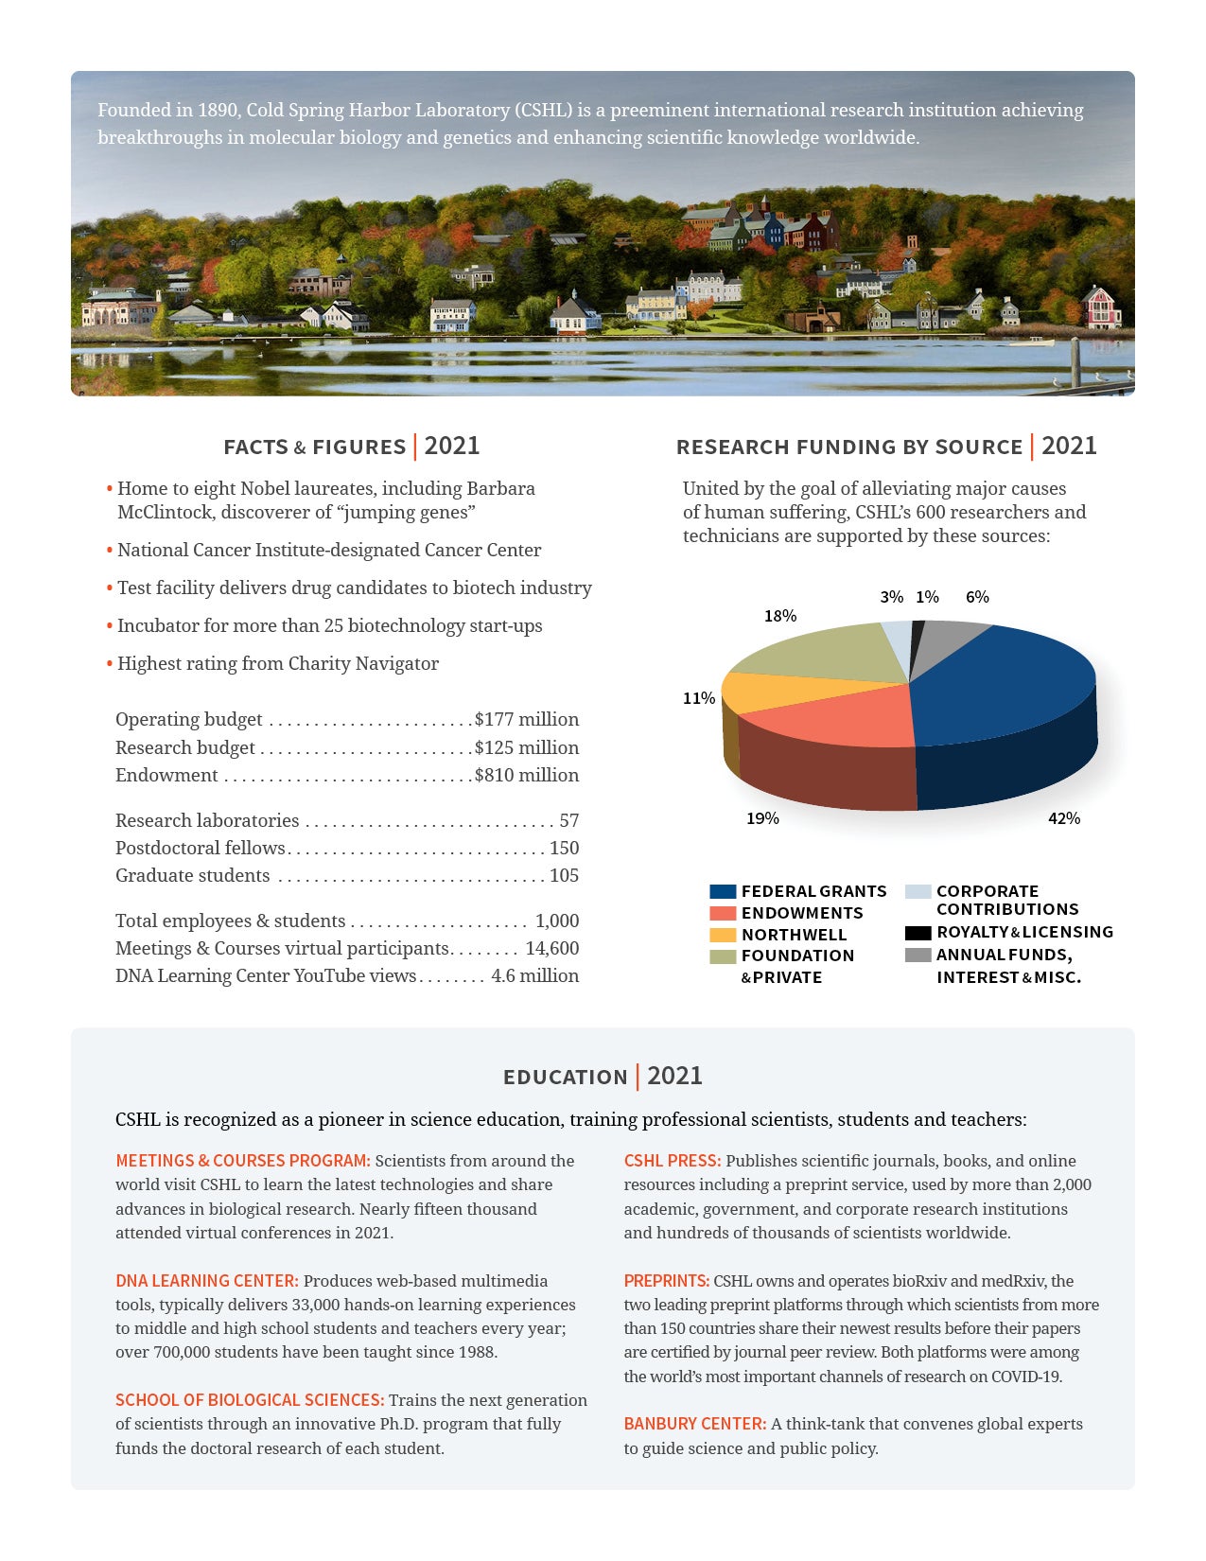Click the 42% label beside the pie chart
tap(1063, 818)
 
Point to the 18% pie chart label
tap(780, 616)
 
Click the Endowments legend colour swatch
tap(723, 913)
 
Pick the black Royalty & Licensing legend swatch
tap(918, 933)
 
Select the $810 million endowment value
tap(527, 775)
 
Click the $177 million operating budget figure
tap(527, 719)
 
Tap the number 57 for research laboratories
tap(568, 820)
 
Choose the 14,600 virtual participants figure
tap(552, 948)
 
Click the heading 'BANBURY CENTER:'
tap(694, 1424)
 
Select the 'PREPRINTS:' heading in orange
tap(666, 1281)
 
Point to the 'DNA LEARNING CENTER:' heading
tap(206, 1281)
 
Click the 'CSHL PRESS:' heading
tap(672, 1161)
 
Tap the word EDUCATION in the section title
tap(565, 1078)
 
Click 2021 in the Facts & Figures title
tap(452, 447)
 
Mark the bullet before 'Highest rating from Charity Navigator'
tap(110, 664)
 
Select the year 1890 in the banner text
tap(218, 110)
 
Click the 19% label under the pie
tap(762, 818)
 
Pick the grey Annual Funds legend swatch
tap(918, 956)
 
